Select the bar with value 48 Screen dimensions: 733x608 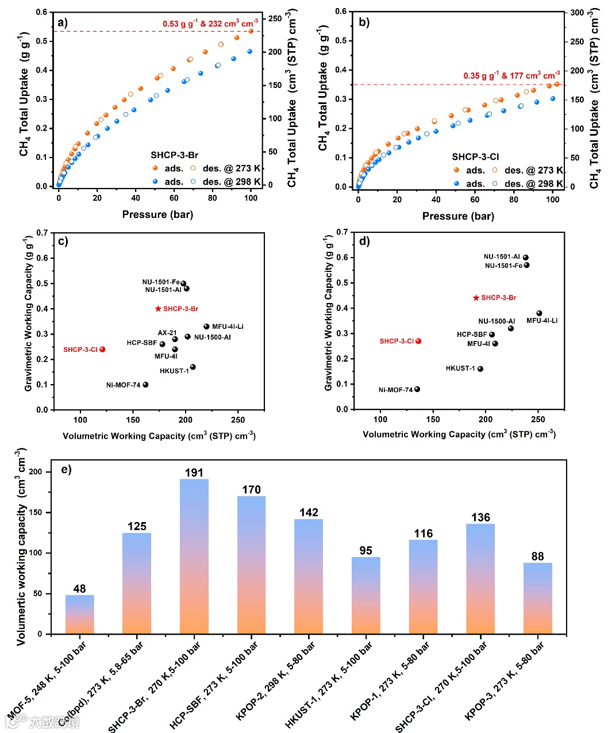pos(80,615)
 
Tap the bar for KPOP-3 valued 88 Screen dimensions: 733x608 pos(538,598)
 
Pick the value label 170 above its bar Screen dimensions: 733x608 pos(251,490)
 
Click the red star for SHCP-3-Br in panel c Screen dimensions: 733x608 pos(159,309)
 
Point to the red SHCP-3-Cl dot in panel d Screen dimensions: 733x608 pos(418,341)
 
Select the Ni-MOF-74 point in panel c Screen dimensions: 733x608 pos(145,385)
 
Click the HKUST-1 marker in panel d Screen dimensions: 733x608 pos(480,369)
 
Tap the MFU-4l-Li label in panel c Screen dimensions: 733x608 pos(228,327)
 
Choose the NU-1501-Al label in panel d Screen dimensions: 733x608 pos(502,257)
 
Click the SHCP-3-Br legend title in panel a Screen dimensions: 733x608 pos(175,155)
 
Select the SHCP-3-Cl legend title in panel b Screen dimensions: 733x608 pos(475,156)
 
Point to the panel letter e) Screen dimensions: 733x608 pos(66,469)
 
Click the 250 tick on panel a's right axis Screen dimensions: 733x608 pos(275,18)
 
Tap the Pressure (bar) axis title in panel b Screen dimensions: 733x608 pos(458,216)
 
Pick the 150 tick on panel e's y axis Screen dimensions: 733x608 pos(36,512)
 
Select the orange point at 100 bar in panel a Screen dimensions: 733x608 pos(251,31)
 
